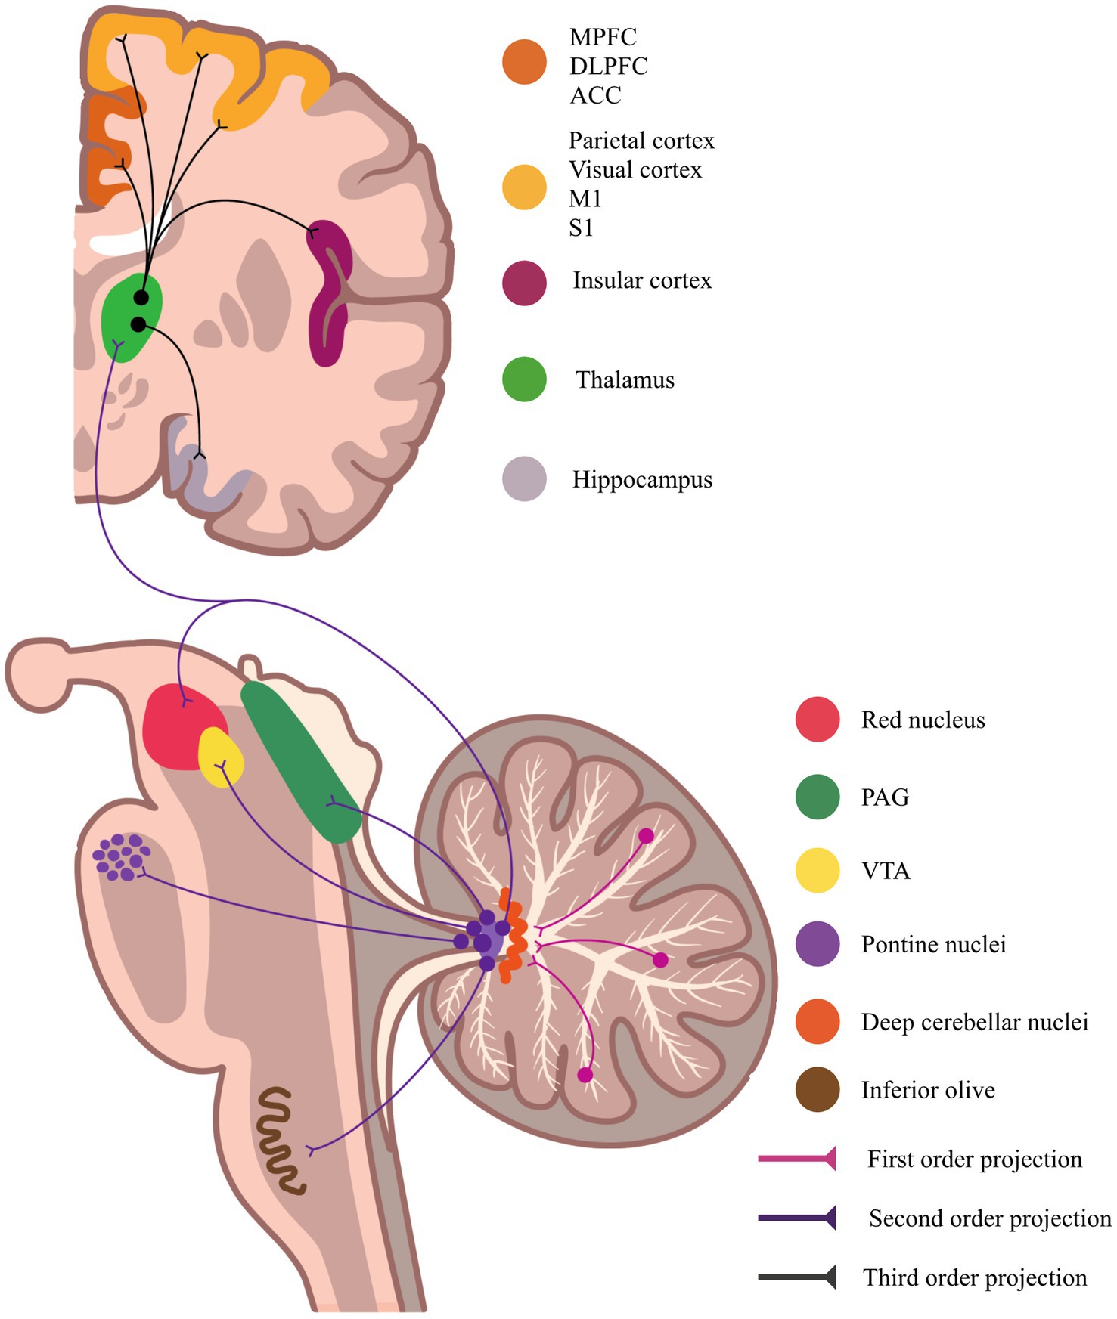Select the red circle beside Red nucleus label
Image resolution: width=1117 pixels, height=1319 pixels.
[818, 720]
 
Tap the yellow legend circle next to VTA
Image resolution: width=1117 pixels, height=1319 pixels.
[818, 871]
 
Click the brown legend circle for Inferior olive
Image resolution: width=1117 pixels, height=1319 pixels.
[818, 1090]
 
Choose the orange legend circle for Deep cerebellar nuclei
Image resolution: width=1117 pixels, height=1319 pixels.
[818, 1022]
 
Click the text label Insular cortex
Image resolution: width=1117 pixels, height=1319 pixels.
[642, 280]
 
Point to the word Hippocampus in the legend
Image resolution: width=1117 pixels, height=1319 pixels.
[642, 480]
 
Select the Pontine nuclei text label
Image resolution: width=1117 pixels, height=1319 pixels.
[933, 945]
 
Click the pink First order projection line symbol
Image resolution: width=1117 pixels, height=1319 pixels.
[797, 1158]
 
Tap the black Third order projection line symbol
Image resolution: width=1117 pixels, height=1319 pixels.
[797, 1277]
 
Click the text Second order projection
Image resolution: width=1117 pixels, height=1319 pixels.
[989, 1218]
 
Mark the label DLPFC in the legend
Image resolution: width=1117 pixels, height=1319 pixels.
[609, 67]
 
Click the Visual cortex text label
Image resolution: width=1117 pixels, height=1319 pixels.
[635, 170]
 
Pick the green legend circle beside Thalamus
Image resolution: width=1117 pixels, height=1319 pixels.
[524, 379]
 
